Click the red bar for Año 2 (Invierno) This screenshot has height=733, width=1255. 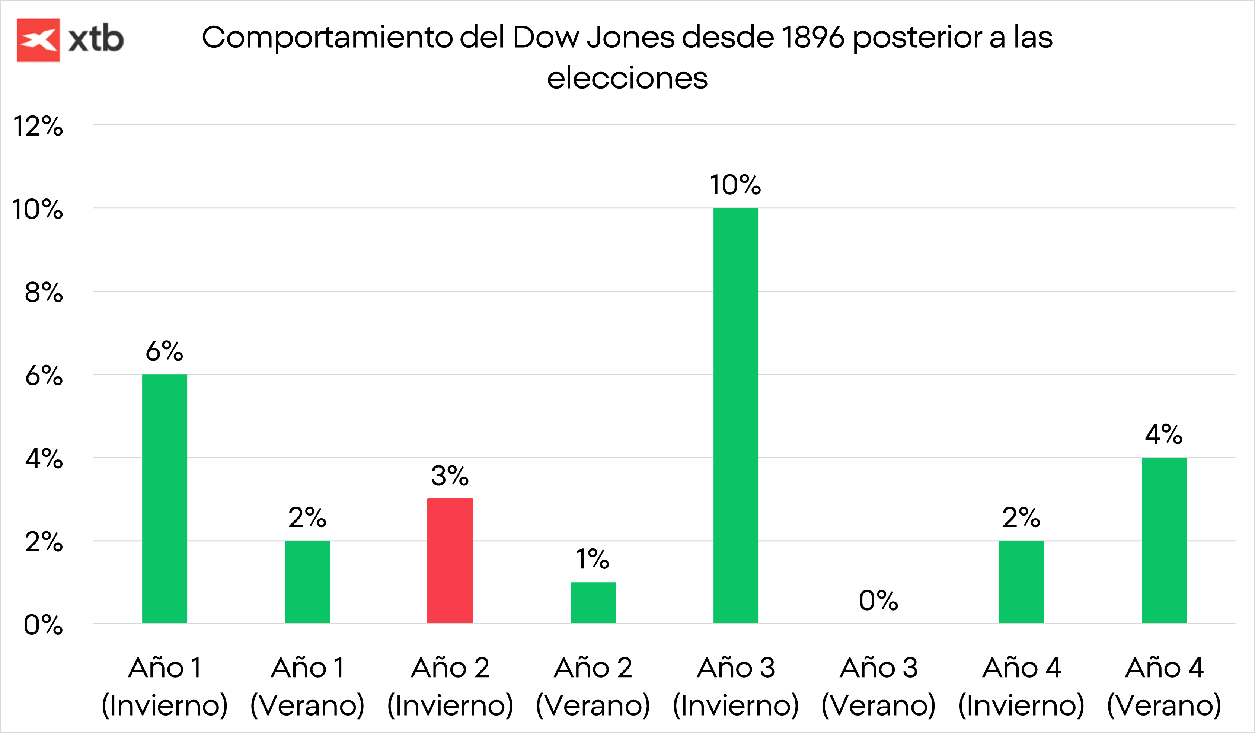click(450, 561)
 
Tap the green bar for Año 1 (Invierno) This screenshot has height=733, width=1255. click(165, 498)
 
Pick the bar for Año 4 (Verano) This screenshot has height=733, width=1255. click(1164, 540)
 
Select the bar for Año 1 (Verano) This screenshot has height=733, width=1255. click(307, 581)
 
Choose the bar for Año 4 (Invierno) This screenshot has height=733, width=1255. click(1021, 581)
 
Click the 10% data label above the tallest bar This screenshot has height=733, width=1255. click(735, 185)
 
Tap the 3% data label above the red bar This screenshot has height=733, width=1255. click(450, 475)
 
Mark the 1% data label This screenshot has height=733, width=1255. click(593, 559)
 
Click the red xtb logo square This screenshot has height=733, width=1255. click(38, 40)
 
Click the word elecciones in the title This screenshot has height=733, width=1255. click(627, 78)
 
